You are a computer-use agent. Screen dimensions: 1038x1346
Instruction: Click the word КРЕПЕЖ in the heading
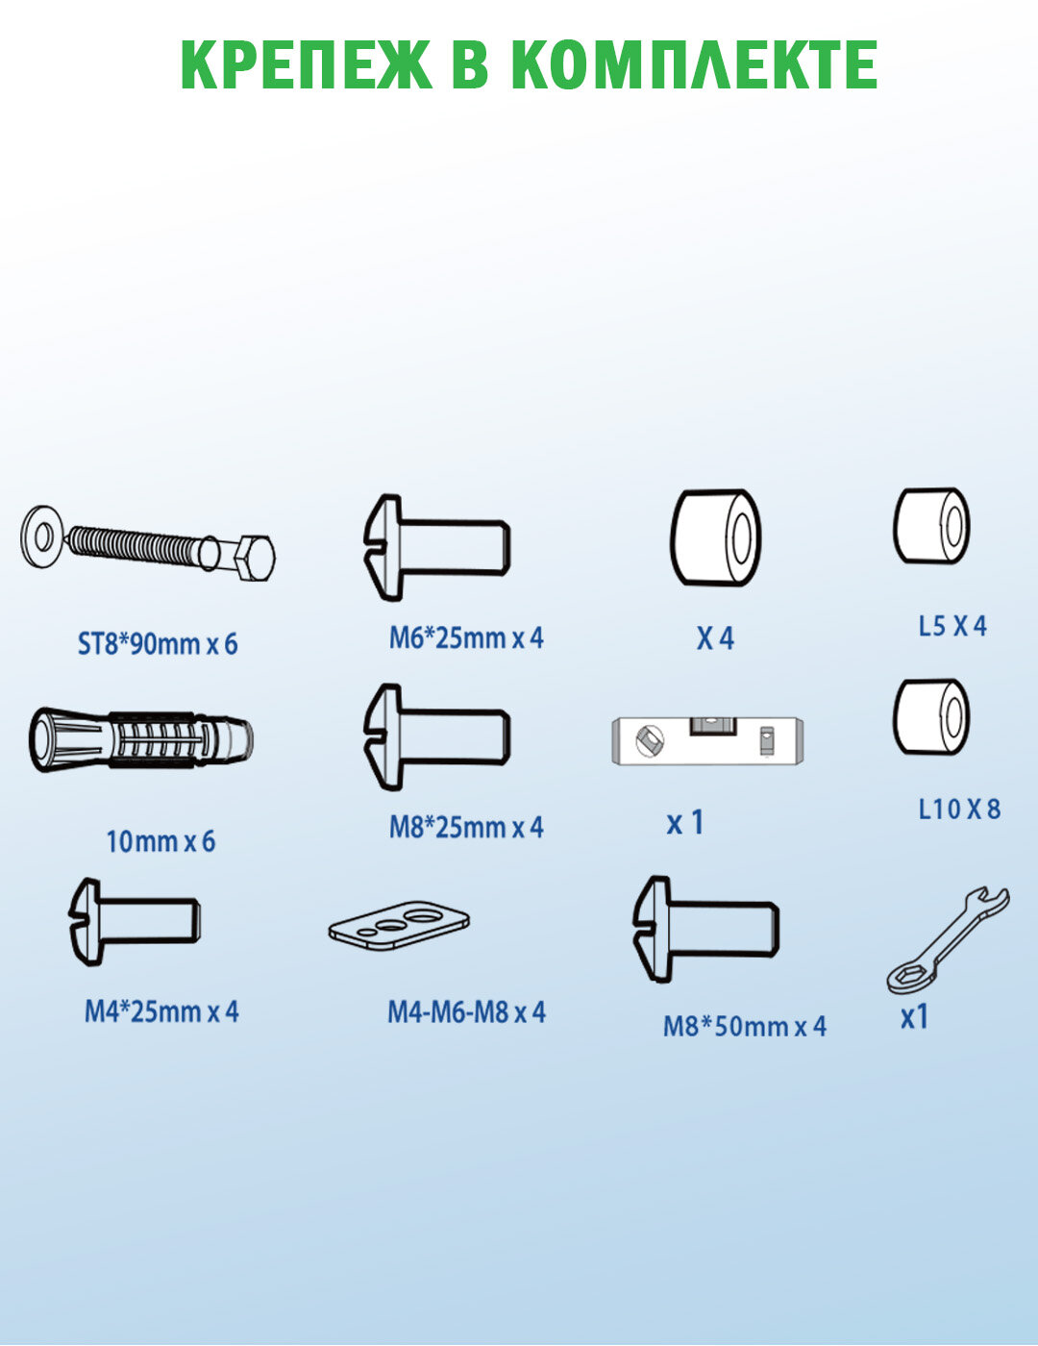306,65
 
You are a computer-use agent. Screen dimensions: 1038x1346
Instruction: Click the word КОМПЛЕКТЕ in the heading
695,65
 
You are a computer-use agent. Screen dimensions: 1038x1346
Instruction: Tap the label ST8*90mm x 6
158,644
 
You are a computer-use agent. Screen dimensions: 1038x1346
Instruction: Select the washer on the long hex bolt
41,536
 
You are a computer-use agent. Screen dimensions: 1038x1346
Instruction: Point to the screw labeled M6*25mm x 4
437,547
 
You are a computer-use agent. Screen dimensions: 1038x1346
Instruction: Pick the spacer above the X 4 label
716,537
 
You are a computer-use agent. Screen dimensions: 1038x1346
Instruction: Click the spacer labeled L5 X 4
931,526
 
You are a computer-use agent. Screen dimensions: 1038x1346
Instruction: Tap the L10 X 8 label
959,809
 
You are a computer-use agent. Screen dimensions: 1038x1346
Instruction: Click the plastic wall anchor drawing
141,739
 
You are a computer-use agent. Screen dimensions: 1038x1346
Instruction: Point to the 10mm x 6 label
161,842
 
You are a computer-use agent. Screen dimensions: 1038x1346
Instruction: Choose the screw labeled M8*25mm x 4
437,737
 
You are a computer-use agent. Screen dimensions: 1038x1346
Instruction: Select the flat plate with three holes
399,925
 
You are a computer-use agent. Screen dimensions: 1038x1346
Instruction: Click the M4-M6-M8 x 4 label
467,1012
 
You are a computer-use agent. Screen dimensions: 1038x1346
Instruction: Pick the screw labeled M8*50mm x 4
706,929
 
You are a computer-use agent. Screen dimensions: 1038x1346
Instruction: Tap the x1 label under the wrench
915,1017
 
